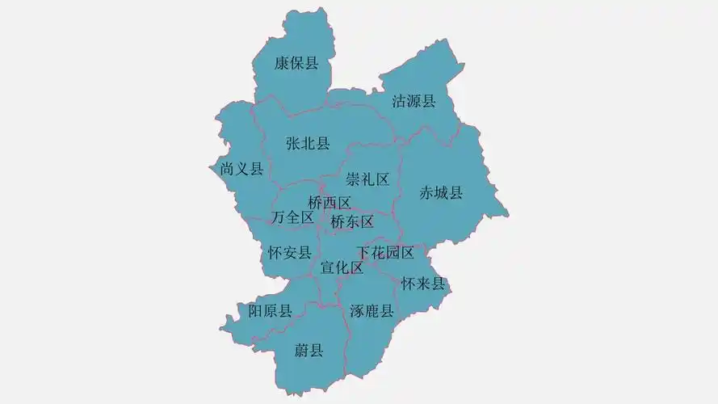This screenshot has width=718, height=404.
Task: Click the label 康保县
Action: [296, 63]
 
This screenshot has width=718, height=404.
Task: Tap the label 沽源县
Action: [414, 101]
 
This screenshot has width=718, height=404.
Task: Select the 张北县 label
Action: [308, 144]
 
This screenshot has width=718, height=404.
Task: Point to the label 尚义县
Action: [241, 169]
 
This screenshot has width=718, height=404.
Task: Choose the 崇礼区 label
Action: [367, 179]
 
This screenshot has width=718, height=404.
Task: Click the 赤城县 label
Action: [441, 192]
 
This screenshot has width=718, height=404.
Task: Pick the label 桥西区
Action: [330, 203]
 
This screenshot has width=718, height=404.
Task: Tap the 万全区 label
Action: [292, 217]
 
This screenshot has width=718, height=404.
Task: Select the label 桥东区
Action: [352, 221]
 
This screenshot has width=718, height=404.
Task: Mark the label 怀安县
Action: [289, 253]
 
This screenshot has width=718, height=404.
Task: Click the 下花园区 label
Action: [385, 253]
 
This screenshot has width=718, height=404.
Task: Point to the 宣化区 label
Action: [342, 267]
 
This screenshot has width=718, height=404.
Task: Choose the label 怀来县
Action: [423, 284]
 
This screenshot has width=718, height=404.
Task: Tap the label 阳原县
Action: [270, 311]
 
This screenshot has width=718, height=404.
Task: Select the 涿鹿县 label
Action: [372, 311]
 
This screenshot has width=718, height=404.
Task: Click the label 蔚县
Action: [309, 350]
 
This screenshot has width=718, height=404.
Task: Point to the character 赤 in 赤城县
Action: [426, 192]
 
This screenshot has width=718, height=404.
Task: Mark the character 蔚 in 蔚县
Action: [301, 350]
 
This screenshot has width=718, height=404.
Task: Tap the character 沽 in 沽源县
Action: [399, 101]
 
